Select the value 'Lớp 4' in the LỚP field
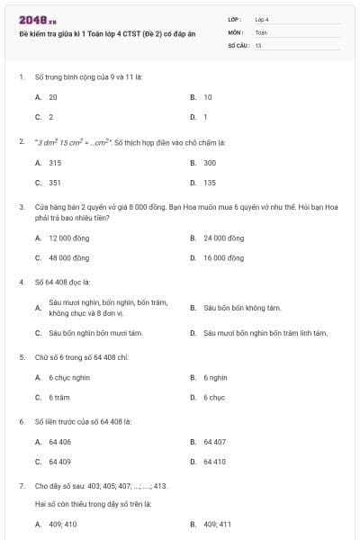tap(262, 18)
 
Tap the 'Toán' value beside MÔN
tap(261, 31)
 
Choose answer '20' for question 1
tap(53, 96)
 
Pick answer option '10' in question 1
tap(208, 96)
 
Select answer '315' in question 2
tap(55, 163)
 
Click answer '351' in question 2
tap(55, 183)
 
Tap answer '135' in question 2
tap(210, 183)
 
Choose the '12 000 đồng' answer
tap(66, 238)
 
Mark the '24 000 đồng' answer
tap(223, 238)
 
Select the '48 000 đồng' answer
tap(66, 257)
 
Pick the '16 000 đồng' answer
tap(223, 257)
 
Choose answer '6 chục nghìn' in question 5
tap(69, 378)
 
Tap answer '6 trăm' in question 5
tap(59, 397)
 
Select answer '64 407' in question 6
tap(214, 442)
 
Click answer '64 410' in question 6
tap(214, 462)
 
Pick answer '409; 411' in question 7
tap(217, 524)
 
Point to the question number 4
tap(21, 282)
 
